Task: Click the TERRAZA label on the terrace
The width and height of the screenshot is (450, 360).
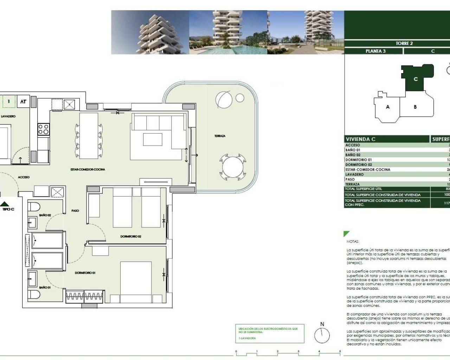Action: [220, 136]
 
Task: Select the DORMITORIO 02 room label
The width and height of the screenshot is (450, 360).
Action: [131, 237]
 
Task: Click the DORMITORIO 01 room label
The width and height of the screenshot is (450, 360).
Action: [85, 273]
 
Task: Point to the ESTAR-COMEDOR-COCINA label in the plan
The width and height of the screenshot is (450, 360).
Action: [88, 169]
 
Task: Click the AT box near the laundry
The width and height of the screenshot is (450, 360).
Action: [23, 102]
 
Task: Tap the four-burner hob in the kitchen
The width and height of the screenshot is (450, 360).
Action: [43, 129]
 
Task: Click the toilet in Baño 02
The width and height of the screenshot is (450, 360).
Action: [34, 206]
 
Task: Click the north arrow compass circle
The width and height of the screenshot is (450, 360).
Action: [322, 335]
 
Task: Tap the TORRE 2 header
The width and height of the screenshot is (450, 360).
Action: [404, 44]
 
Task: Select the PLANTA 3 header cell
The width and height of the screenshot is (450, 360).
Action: [375, 51]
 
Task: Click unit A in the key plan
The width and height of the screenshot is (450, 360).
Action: [388, 107]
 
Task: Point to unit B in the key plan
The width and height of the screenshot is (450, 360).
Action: [415, 107]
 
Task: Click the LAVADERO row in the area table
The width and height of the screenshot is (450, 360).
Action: [354, 174]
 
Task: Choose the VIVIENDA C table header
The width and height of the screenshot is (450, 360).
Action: [360, 139]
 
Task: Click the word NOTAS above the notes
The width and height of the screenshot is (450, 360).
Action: [353, 242]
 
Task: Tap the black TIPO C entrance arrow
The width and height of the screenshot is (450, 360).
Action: [5, 204]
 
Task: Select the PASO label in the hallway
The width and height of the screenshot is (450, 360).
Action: [75, 211]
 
